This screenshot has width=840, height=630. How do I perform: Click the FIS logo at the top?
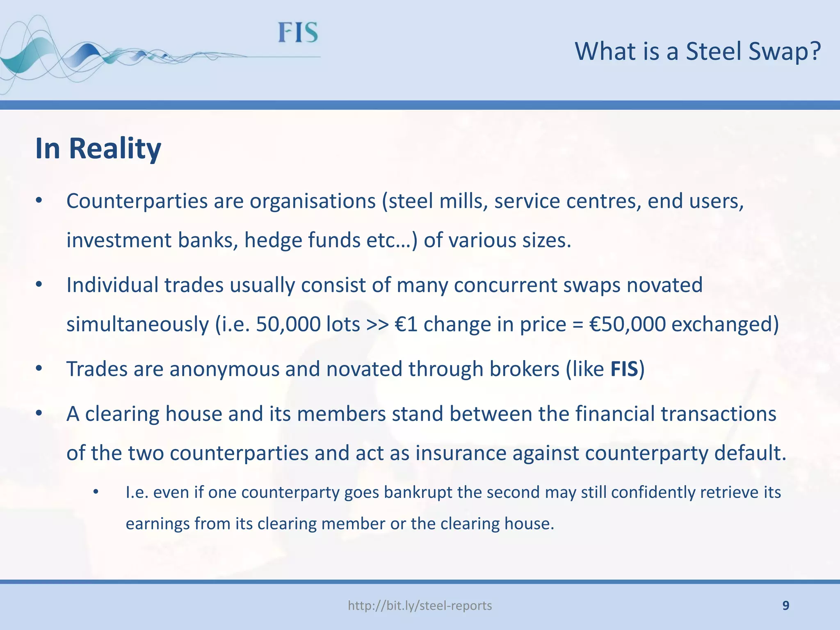pos(298,33)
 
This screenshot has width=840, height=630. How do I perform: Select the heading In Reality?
pos(98,148)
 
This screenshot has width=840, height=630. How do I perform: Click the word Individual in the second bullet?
pos(112,285)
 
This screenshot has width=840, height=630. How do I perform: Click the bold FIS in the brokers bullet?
pos(624,369)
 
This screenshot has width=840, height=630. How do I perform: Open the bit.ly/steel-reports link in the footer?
pos(420,606)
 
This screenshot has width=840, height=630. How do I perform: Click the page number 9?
pos(785,606)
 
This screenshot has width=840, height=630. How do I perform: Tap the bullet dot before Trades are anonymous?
pos(39,369)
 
